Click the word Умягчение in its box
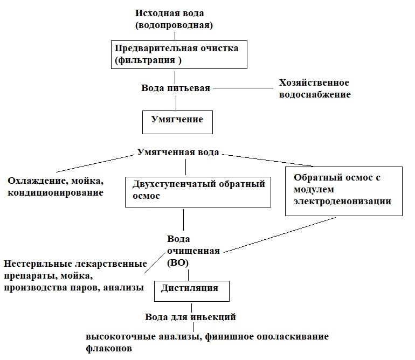click(x=177, y=120)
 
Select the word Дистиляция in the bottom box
click(x=190, y=288)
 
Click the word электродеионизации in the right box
click(x=342, y=201)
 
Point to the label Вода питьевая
click(x=176, y=88)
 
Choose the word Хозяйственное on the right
click(x=314, y=82)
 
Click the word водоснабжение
click(x=315, y=95)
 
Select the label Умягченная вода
click(x=178, y=153)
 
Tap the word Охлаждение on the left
click(x=37, y=181)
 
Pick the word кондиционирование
click(x=56, y=193)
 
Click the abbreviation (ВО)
click(x=178, y=263)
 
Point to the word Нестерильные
click(x=38, y=264)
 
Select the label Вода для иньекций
click(x=190, y=317)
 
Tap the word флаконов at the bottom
click(x=109, y=348)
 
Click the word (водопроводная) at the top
click(x=174, y=25)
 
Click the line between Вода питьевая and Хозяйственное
click(x=243, y=88)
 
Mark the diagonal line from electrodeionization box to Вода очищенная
click(x=280, y=235)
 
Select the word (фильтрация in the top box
click(x=145, y=60)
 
